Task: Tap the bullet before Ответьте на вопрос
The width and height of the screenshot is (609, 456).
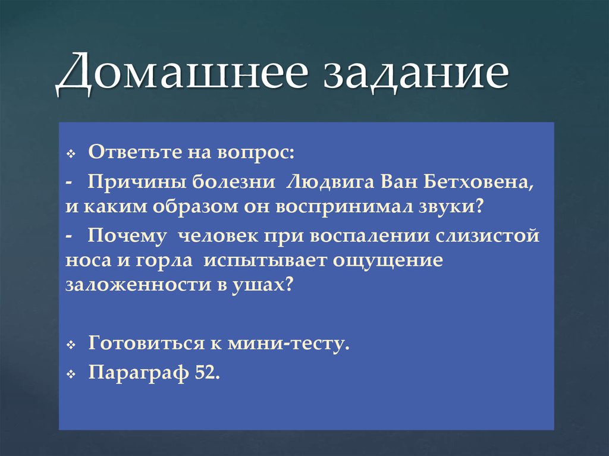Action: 70,155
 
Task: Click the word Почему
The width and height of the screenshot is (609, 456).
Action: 118,235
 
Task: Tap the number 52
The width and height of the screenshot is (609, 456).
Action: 207,373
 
